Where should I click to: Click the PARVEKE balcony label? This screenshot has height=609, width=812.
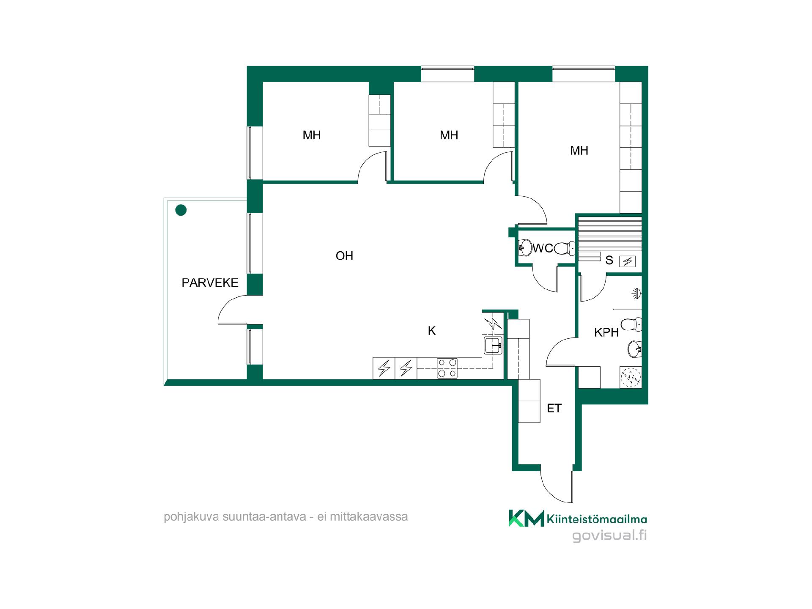tap(210, 283)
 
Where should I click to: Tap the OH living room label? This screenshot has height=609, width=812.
tap(344, 256)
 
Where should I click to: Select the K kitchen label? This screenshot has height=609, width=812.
tap(432, 331)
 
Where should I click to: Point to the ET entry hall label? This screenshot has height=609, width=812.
tap(554, 408)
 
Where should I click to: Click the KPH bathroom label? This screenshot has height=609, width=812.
tap(606, 332)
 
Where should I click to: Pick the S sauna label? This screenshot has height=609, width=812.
tap(609, 261)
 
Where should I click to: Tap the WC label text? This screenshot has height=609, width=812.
tap(543, 248)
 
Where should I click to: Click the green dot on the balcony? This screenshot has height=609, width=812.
tap(181, 210)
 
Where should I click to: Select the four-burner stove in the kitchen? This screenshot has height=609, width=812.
tap(447, 368)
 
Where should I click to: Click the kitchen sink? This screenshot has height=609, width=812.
tap(493, 346)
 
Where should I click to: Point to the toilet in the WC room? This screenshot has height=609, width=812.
tap(564, 248)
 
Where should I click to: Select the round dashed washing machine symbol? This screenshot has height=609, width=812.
tap(631, 377)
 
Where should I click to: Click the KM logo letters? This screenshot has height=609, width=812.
tap(526, 518)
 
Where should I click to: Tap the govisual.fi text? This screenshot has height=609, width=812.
tap(609, 536)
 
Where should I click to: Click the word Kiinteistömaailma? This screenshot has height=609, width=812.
tap(597, 519)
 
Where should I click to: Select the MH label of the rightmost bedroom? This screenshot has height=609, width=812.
tap(579, 151)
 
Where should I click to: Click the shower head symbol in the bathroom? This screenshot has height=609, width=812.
tap(637, 293)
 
